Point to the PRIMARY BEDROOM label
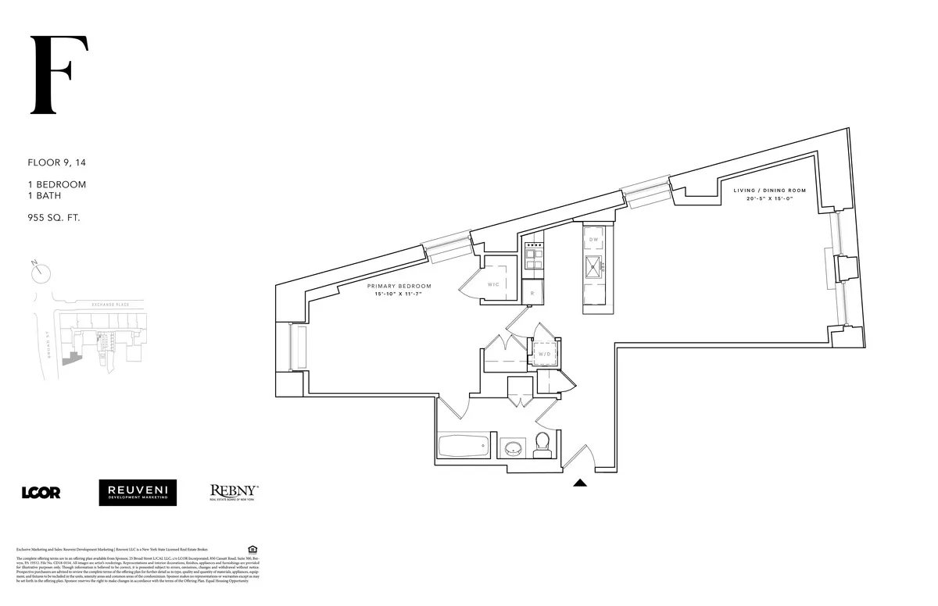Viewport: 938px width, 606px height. pyautogui.click(x=399, y=286)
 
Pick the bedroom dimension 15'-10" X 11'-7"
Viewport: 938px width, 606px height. pyautogui.click(x=399, y=295)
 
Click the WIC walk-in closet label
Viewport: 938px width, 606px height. pyautogui.click(x=493, y=283)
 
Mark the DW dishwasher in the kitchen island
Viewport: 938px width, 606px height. pyautogui.click(x=593, y=239)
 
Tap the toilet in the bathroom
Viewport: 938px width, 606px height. pyautogui.click(x=542, y=446)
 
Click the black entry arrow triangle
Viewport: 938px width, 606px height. pyautogui.click(x=580, y=483)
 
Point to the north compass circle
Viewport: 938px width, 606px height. pyautogui.click(x=41, y=273)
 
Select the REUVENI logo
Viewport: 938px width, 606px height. pyautogui.click(x=138, y=492)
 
